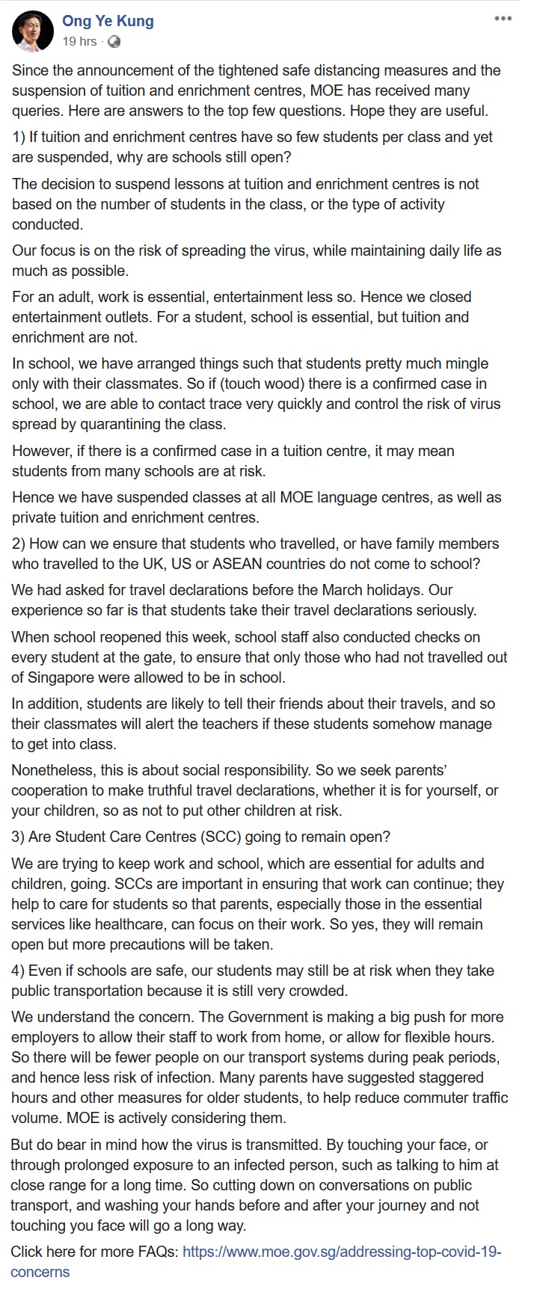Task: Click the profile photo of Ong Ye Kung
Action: pos(33,31)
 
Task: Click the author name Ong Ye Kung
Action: pos(108,22)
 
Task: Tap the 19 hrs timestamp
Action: pos(79,42)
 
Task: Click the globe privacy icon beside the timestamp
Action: pos(114,42)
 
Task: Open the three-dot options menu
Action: pos(503,19)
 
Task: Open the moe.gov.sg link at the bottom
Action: pos(341,1252)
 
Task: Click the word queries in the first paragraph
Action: pos(35,111)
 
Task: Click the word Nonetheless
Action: pos(51,770)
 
